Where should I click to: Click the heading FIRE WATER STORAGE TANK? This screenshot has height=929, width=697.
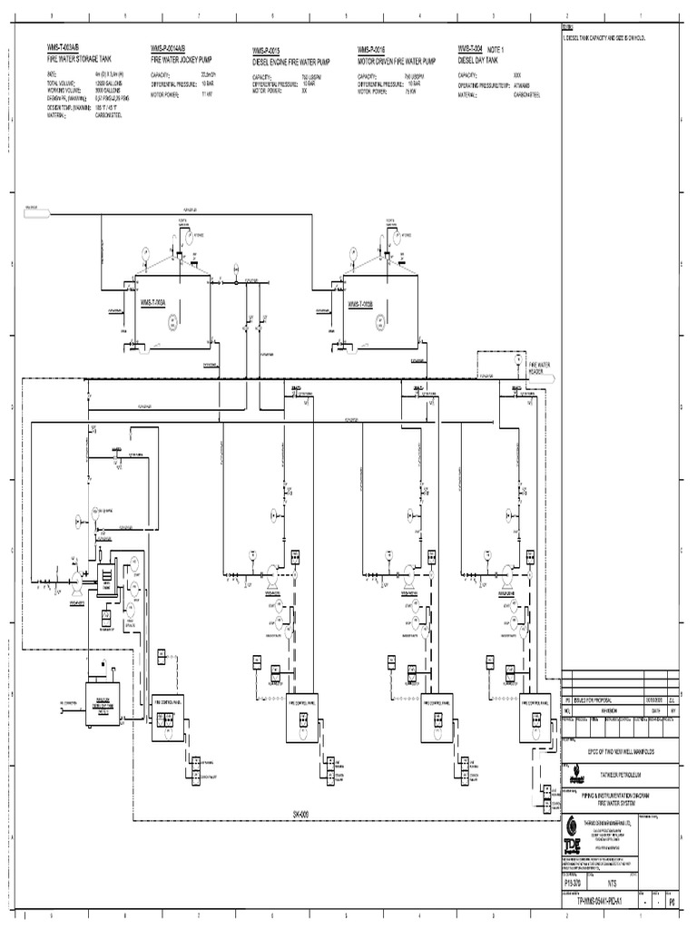84,57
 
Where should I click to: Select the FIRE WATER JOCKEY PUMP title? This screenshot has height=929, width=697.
181,57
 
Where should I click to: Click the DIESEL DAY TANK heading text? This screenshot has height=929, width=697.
480,57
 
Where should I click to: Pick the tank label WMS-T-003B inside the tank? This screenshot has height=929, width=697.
361,304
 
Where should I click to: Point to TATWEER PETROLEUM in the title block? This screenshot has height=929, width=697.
617,776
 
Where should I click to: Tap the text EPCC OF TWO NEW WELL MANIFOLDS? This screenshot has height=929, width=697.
618,752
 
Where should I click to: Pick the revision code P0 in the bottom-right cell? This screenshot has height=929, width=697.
672,902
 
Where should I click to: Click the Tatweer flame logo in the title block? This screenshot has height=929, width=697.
574,777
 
